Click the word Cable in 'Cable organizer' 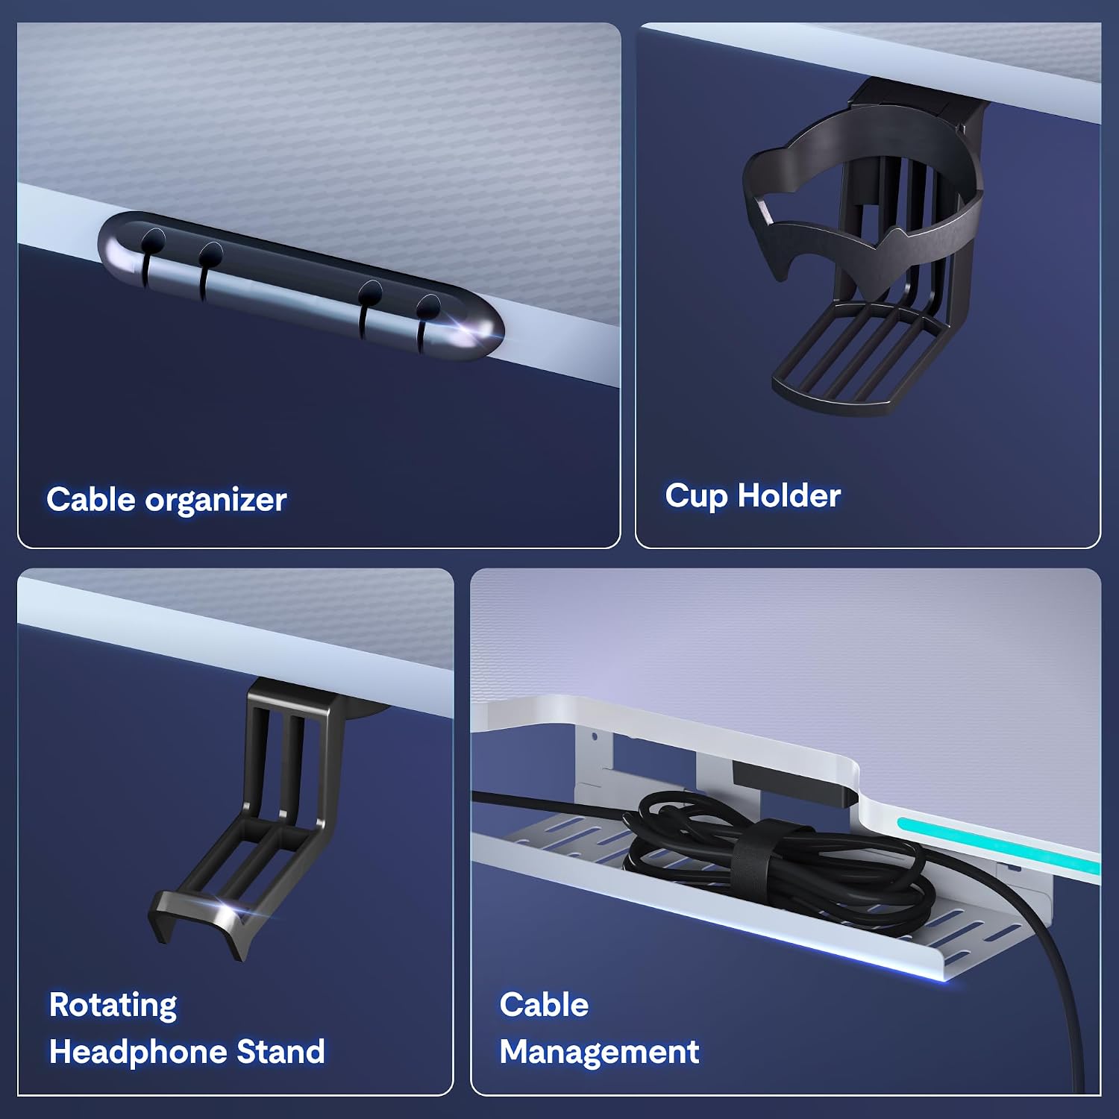(92, 499)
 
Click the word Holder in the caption (789, 495)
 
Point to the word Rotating (113, 1006)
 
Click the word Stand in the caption (280, 1052)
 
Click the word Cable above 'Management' (544, 1005)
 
